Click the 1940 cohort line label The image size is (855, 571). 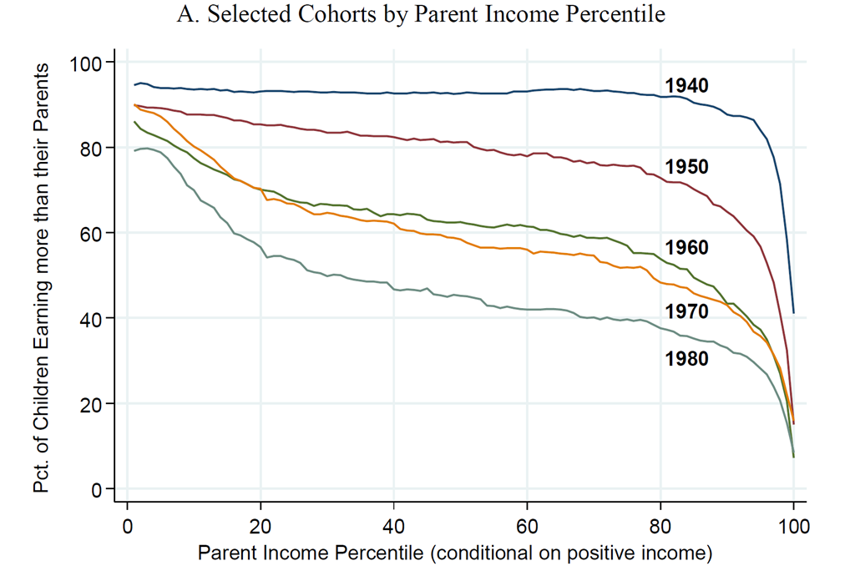point(686,85)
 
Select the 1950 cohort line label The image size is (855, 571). point(686,167)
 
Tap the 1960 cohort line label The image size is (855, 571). point(686,248)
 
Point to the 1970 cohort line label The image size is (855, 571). point(686,311)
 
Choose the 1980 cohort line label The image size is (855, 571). point(686,359)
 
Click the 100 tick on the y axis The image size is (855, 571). point(86,63)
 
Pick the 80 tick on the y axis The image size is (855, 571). point(90,149)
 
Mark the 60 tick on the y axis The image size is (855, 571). point(90,234)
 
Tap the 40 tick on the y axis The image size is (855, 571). point(90,319)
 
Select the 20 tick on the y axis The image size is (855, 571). point(90,404)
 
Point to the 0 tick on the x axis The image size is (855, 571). point(127,528)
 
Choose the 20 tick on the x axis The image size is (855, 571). point(261,528)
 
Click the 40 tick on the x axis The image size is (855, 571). point(393,528)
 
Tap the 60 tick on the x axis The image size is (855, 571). point(527,528)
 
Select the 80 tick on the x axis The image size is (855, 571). point(660,528)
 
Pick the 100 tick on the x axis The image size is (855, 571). point(793,528)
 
